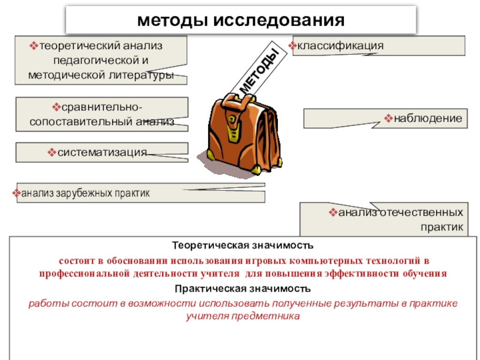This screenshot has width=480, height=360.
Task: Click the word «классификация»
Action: (x=340, y=46)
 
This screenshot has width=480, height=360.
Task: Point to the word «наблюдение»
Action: (x=428, y=119)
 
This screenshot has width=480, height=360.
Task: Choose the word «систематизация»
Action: (x=102, y=152)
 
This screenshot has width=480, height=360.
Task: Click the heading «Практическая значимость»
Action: (x=242, y=289)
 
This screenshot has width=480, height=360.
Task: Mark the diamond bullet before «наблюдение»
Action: (x=388, y=119)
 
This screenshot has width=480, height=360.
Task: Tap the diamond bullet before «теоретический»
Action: (x=34, y=46)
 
